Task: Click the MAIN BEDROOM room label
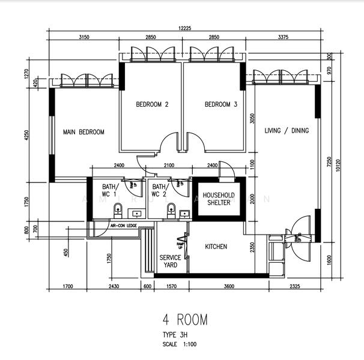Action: (84, 132)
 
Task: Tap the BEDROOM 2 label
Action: (152, 104)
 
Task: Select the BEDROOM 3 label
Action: (221, 104)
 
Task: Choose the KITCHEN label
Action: (216, 247)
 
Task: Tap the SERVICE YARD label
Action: (170, 261)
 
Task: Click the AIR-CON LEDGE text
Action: (124, 226)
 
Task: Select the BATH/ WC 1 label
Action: (109, 190)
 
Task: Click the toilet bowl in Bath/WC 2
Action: (171, 209)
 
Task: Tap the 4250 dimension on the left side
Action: (26, 136)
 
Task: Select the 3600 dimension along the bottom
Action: (229, 286)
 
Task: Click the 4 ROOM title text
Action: (184, 320)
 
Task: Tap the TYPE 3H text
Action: (175, 335)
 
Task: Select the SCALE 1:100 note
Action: (179, 344)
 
